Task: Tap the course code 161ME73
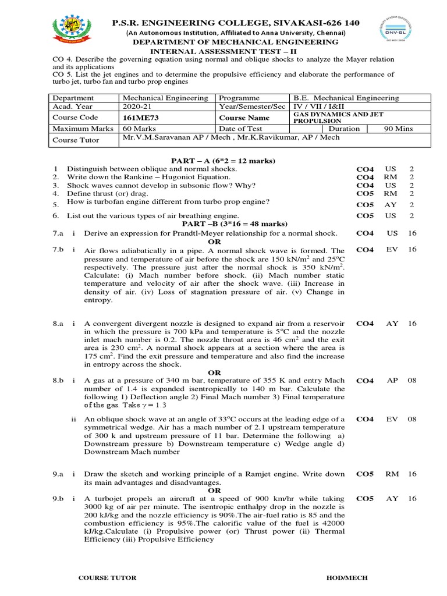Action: coord(140,117)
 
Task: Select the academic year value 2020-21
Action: coord(136,107)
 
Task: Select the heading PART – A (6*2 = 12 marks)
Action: coord(223,161)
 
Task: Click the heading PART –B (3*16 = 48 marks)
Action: coord(226,223)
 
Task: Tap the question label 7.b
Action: coord(58,250)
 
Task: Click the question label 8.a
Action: coord(58,323)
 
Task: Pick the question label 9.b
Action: coord(58,499)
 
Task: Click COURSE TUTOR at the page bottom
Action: coord(108,577)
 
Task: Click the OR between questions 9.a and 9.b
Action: coord(215,491)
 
